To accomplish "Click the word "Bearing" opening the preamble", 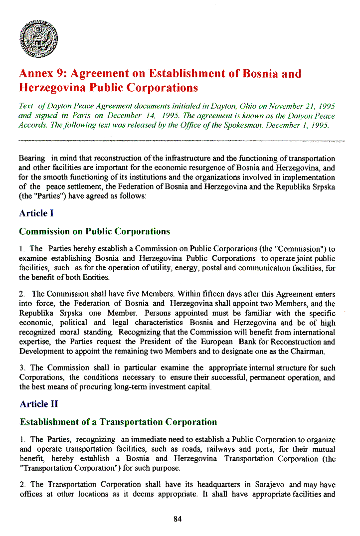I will point(32,158).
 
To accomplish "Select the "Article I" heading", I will point(36,213).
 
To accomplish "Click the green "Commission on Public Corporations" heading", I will point(94,231).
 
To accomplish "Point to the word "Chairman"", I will point(307,352).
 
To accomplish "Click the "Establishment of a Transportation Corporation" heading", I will point(118,422).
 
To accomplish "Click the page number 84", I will point(178,519).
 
